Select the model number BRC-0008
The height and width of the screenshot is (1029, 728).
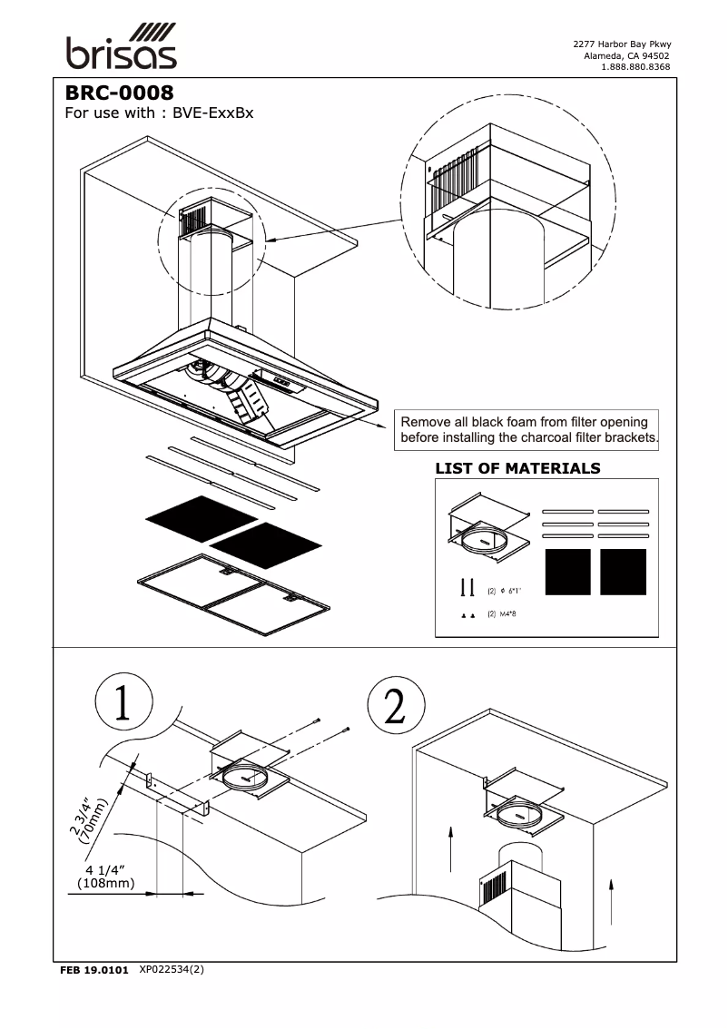119,93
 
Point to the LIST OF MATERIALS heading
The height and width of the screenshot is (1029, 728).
517,468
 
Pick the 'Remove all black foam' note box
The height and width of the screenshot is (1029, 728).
529,430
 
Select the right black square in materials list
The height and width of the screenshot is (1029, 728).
623,572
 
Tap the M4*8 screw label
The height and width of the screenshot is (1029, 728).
510,614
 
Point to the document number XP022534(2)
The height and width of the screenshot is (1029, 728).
172,969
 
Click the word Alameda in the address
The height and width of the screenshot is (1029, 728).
603,55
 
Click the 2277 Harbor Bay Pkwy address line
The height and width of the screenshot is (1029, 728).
622,44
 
